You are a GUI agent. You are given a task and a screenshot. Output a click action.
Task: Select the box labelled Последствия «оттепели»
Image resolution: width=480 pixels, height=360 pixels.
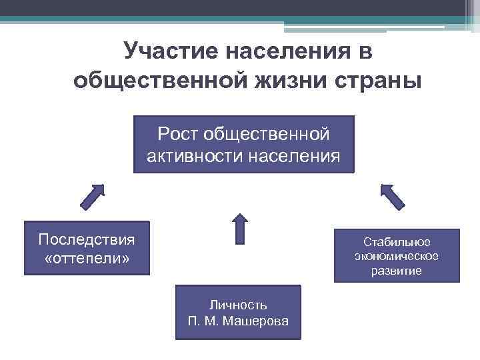(87, 248)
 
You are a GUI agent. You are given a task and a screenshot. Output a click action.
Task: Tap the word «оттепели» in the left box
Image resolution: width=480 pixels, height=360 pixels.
(87, 257)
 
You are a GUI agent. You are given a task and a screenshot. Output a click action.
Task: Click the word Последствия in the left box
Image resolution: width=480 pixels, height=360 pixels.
(87, 239)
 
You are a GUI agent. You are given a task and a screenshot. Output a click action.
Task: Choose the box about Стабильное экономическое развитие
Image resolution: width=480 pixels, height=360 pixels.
(397, 256)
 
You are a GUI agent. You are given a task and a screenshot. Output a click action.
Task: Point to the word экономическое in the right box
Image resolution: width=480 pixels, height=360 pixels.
(397, 256)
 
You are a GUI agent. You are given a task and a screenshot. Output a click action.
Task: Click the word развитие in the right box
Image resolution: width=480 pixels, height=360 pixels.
(397, 271)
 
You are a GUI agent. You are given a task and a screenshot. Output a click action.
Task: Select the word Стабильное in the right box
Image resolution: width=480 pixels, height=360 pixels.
(397, 241)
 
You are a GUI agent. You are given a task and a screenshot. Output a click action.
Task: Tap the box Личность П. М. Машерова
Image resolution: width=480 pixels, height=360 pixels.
(238, 312)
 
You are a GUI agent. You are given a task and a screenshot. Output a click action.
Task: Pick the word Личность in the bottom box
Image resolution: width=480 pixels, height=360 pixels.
(238, 305)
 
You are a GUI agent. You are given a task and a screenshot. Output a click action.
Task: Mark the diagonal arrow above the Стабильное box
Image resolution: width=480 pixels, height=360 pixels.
(392, 196)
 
